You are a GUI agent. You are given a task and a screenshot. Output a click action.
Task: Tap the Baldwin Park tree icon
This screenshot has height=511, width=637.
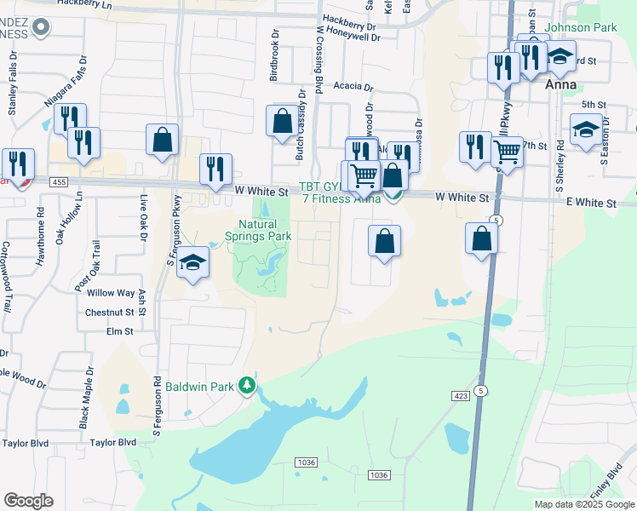coord(247,387)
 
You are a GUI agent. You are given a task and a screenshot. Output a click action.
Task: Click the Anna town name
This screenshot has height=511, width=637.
coord(563,85)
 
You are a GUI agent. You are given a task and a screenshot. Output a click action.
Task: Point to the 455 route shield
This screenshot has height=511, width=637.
coord(59,182)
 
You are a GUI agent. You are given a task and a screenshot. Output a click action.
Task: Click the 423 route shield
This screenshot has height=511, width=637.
coord(461,395)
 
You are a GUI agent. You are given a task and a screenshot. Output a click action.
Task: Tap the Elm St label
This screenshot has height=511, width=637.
coord(120,331)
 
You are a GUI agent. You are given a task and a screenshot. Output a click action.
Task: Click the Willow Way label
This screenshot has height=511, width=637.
coord(111,293)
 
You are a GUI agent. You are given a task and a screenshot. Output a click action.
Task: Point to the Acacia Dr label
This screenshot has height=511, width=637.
coord(353,87)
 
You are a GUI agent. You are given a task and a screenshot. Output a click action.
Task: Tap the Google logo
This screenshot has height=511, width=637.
coord(28,501)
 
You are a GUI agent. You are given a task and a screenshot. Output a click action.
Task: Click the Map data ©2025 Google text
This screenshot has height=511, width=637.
coord(583,504)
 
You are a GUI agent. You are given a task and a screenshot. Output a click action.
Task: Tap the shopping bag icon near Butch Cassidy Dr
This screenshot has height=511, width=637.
coord(282,121)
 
